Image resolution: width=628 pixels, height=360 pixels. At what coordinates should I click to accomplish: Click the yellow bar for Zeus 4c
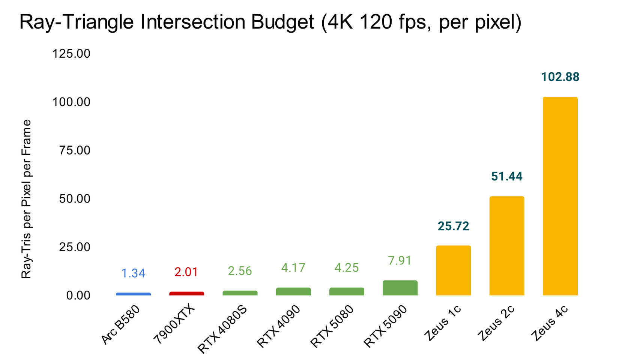pyautogui.click(x=560, y=196)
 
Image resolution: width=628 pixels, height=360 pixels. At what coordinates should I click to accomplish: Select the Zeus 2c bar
pyautogui.click(x=507, y=246)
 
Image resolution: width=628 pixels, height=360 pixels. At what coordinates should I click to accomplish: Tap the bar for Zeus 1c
pyautogui.click(x=454, y=270)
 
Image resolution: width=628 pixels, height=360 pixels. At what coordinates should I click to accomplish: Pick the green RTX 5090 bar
pyautogui.click(x=400, y=288)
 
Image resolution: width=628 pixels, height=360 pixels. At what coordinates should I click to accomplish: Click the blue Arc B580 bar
pyautogui.click(x=133, y=294)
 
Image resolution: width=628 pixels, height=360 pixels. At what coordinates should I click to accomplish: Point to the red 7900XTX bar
pyautogui.click(x=186, y=293)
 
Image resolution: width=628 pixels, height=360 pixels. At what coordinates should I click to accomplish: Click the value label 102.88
pyautogui.click(x=560, y=77)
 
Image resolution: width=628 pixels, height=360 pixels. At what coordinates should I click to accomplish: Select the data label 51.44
pyautogui.click(x=507, y=176)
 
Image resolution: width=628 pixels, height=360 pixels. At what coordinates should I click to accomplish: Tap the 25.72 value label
pyautogui.click(x=454, y=226)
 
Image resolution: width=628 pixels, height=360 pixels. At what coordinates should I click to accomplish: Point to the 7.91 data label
pyautogui.click(x=400, y=260)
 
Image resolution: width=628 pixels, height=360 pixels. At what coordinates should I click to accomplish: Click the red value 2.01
pyautogui.click(x=186, y=272)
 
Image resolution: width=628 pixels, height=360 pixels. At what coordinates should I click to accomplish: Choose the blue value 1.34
pyautogui.click(x=133, y=273)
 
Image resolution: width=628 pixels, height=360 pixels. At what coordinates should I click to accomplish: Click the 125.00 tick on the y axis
pyautogui.click(x=71, y=54)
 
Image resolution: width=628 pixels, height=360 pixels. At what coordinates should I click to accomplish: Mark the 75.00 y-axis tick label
pyautogui.click(x=75, y=150)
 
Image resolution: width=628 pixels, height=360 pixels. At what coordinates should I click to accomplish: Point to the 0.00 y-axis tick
pyautogui.click(x=78, y=295)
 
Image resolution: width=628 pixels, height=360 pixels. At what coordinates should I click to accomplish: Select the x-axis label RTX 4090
pyautogui.click(x=278, y=326)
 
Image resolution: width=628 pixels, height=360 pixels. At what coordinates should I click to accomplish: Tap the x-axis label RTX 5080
pyautogui.click(x=332, y=326)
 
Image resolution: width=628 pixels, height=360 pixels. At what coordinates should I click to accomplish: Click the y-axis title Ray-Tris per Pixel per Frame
pyautogui.click(x=26, y=199)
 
